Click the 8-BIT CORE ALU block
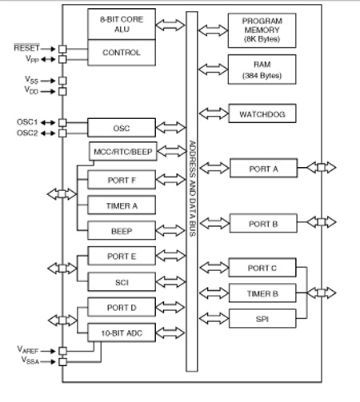122,24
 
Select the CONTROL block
122,53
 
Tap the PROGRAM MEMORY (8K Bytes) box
262,30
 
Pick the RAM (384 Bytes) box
262,70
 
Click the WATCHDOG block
262,113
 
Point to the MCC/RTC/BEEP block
123,151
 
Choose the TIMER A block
122,205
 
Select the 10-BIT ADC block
122,332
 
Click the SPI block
262,319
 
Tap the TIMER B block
262,293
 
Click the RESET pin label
26,48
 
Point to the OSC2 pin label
27,133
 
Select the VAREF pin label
28,350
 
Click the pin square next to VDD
62,92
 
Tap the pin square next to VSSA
62,362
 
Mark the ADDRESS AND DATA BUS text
192,189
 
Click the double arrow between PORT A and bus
214,168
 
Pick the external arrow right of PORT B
322,222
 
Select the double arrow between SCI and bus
170,282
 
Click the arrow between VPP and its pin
48,59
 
